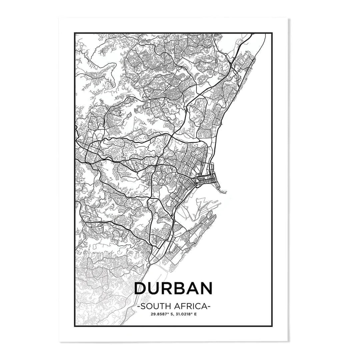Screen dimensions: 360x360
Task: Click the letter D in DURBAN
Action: (141, 289)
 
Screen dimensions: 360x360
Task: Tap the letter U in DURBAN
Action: (156, 289)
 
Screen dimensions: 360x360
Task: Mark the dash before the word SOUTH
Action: (138, 306)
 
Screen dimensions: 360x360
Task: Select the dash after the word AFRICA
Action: (209, 306)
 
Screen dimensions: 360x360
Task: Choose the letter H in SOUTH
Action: (165, 305)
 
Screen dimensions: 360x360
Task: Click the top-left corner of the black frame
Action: (75, 33)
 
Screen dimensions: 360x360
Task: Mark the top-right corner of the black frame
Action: (272, 33)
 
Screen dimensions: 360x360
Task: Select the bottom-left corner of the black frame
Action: (75, 326)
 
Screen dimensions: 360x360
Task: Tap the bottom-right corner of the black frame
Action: (272, 326)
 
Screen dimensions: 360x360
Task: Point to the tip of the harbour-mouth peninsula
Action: (226, 192)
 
